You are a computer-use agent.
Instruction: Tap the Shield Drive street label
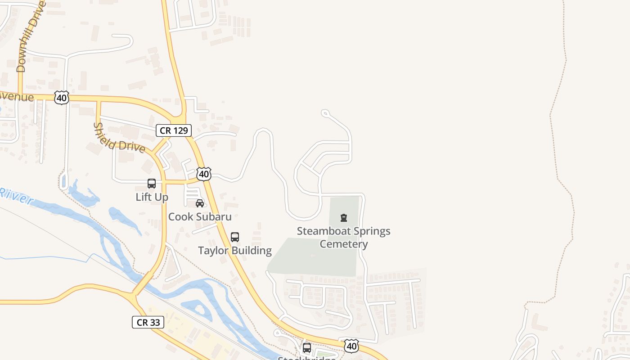click(x=119, y=137)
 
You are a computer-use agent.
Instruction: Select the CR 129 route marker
click(x=174, y=130)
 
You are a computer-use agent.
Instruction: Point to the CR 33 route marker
click(x=148, y=322)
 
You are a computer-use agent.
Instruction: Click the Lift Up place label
click(x=152, y=197)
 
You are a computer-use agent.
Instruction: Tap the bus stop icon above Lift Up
click(x=152, y=184)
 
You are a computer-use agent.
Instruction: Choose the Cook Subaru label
click(x=200, y=217)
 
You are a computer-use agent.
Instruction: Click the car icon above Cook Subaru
click(x=200, y=203)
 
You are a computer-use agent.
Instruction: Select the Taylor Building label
click(x=235, y=251)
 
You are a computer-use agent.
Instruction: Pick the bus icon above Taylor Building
click(x=235, y=237)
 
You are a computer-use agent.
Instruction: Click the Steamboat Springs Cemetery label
click(x=344, y=238)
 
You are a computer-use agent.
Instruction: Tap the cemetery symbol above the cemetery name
click(x=344, y=218)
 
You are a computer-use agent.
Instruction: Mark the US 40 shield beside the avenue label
click(x=62, y=98)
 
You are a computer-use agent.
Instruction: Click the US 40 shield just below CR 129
click(x=204, y=174)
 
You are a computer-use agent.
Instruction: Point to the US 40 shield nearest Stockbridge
click(x=351, y=346)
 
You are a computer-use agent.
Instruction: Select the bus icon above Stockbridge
click(x=307, y=348)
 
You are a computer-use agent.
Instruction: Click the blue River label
click(x=16, y=196)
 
